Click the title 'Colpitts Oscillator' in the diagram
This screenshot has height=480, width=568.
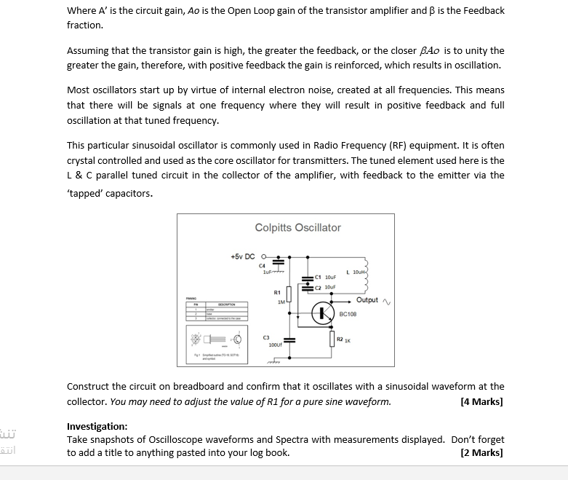tap(297, 228)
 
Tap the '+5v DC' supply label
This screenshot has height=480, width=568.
tap(242, 256)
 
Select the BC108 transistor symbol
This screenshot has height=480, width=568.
tap(322, 314)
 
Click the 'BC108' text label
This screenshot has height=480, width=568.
tap(348, 314)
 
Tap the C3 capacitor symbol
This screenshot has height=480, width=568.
tap(289, 339)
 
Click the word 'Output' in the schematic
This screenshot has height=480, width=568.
tap(367, 300)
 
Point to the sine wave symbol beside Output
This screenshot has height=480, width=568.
tap(386, 301)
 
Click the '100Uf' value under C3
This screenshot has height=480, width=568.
tap(276, 345)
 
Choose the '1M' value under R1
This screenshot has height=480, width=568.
tap(280, 302)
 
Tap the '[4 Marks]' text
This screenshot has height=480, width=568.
tap(481, 401)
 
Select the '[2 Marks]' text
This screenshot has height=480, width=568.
tap(481, 452)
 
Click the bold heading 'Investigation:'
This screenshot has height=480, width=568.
tap(97, 426)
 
